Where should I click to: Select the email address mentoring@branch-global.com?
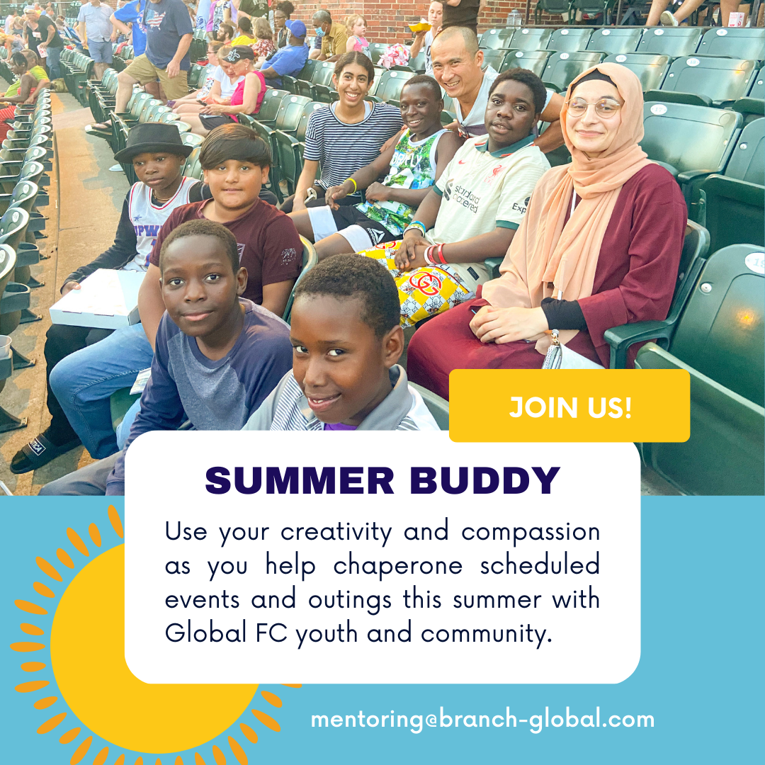pos(482,720)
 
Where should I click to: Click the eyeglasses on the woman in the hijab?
pos(593,107)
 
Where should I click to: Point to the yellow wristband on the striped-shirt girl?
pos(351,186)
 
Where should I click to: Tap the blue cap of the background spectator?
pos(295,28)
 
